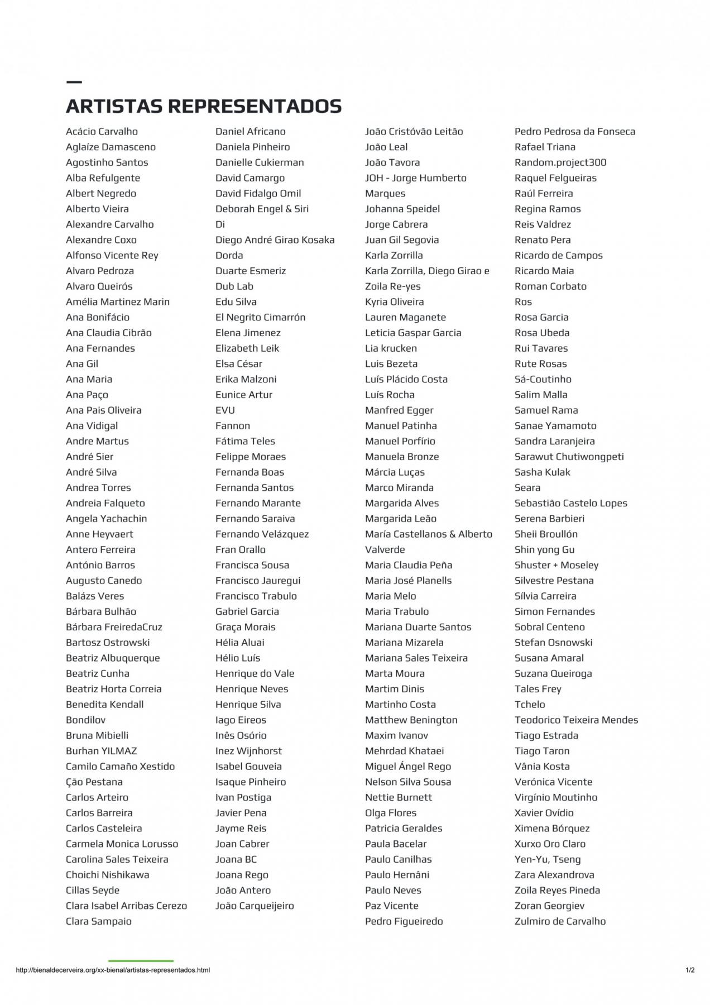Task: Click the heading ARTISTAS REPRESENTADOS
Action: [x=204, y=106]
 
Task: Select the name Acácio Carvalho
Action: [x=102, y=132]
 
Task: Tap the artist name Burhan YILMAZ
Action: [x=101, y=751]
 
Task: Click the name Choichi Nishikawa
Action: [x=107, y=875]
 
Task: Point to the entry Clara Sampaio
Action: [x=98, y=921]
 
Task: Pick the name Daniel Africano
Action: [x=250, y=132]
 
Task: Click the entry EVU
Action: [x=225, y=410]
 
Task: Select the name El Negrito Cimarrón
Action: [x=260, y=317]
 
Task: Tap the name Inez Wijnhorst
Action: [x=248, y=751]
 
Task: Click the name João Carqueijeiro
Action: [x=255, y=906]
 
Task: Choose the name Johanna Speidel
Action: [x=402, y=209]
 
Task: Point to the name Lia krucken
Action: [x=391, y=348]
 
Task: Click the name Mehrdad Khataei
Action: [x=404, y=751]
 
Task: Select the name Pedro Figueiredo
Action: [x=404, y=921]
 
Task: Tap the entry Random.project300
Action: [x=560, y=162]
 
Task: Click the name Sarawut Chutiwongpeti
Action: [x=569, y=457]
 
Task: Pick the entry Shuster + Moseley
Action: [x=556, y=565]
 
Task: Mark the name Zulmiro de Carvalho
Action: [x=560, y=921]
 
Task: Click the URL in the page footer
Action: [x=113, y=970]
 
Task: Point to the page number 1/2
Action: [x=690, y=970]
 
